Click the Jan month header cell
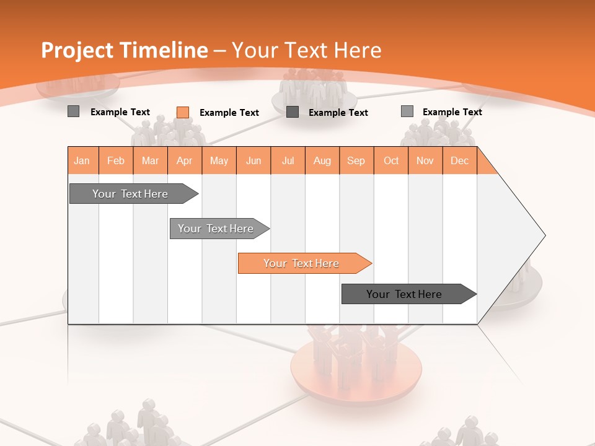pos(82,160)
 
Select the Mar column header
pos(150,160)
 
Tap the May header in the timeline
pos(219,160)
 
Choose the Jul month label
pos(288,160)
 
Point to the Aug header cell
pos(322,160)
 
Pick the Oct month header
pos(391,160)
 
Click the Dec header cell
pos(459,160)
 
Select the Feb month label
pos(116,160)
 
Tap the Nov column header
pos(425,160)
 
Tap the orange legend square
pos(182,112)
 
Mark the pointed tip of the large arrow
pos(544,235)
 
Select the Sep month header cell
pos(356,160)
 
